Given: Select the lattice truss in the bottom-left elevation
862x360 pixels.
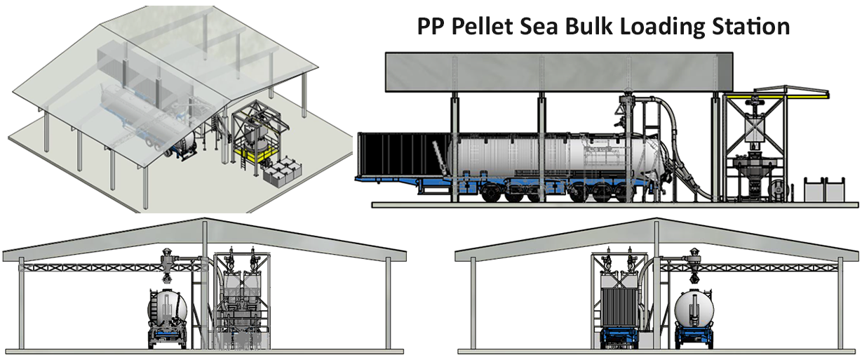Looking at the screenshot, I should (x=91, y=268).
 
